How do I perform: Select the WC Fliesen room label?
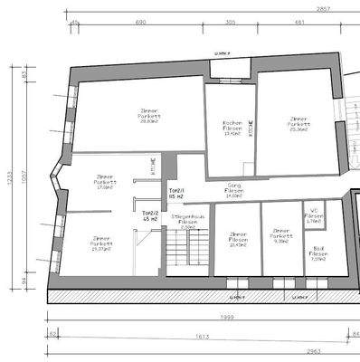pyautogui.click(x=313, y=216)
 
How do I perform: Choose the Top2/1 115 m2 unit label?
pyautogui.click(x=176, y=194)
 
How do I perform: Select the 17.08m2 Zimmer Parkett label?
pyautogui.click(x=104, y=181)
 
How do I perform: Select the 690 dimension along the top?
pyautogui.click(x=141, y=21)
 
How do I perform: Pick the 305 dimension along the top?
pyautogui.click(x=231, y=21)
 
